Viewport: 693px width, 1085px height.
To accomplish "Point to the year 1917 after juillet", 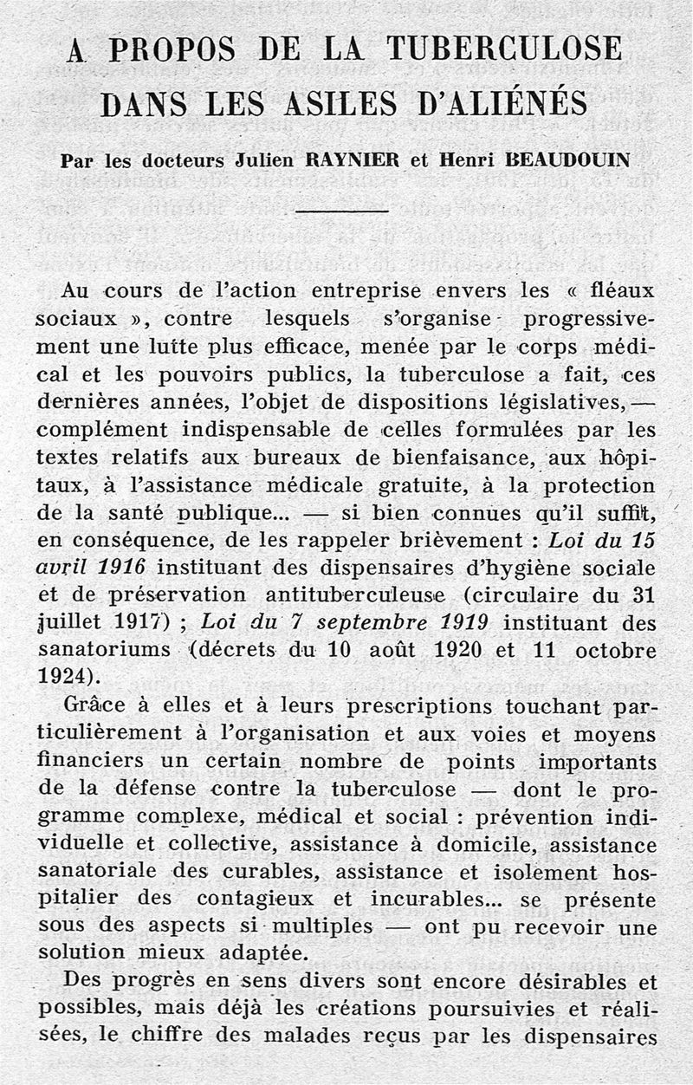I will (x=133, y=623).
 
